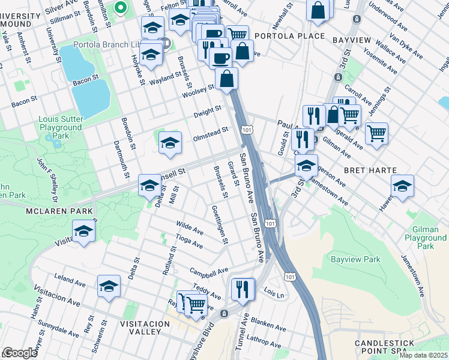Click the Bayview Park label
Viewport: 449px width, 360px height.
point(355,260)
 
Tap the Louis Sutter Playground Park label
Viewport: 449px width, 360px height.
point(60,127)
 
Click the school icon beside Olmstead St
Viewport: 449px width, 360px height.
point(170,143)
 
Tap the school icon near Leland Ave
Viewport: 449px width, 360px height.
point(109,287)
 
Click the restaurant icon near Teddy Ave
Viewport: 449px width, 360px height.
point(243,289)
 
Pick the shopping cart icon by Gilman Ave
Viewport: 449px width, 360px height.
point(376,133)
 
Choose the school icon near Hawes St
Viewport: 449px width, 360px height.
point(402,186)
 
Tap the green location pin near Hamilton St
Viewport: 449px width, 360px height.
point(121,8)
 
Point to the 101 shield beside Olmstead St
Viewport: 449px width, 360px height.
point(246,130)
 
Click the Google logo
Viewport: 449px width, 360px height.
point(20,353)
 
